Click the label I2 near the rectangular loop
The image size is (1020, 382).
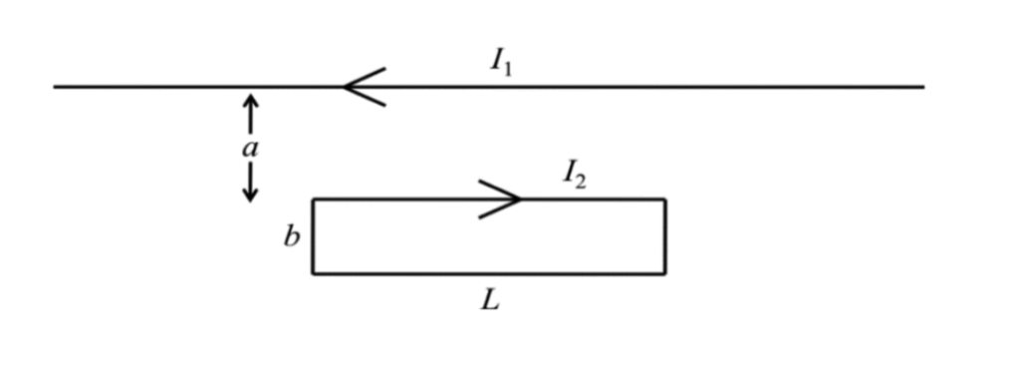point(574,175)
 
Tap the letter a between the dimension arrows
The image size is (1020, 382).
point(250,149)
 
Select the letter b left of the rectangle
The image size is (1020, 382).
point(291,237)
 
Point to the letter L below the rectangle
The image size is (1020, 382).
point(489,299)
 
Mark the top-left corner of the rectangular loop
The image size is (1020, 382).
point(314,199)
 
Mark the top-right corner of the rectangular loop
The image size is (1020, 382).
point(664,199)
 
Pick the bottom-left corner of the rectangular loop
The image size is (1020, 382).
point(314,272)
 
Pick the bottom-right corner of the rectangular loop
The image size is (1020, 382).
point(664,272)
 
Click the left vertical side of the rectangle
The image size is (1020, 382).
point(314,236)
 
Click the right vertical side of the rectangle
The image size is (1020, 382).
point(664,236)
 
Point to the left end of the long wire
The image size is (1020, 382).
point(56,87)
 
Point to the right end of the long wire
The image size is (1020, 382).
point(922,87)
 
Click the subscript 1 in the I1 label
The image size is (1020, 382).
point(508,68)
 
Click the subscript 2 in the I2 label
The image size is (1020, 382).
point(581,181)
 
